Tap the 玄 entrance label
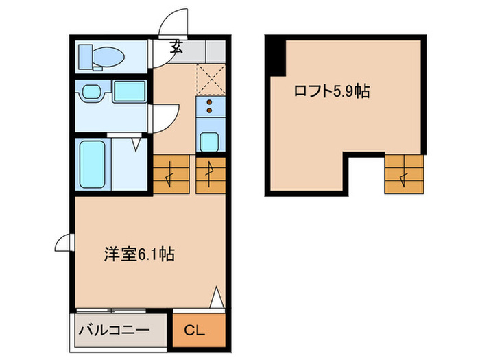[177, 47]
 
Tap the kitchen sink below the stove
[209, 141]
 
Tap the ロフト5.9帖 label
[332, 91]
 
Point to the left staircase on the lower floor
[170, 175]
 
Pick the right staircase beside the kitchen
[210, 175]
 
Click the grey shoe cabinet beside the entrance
[206, 50]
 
